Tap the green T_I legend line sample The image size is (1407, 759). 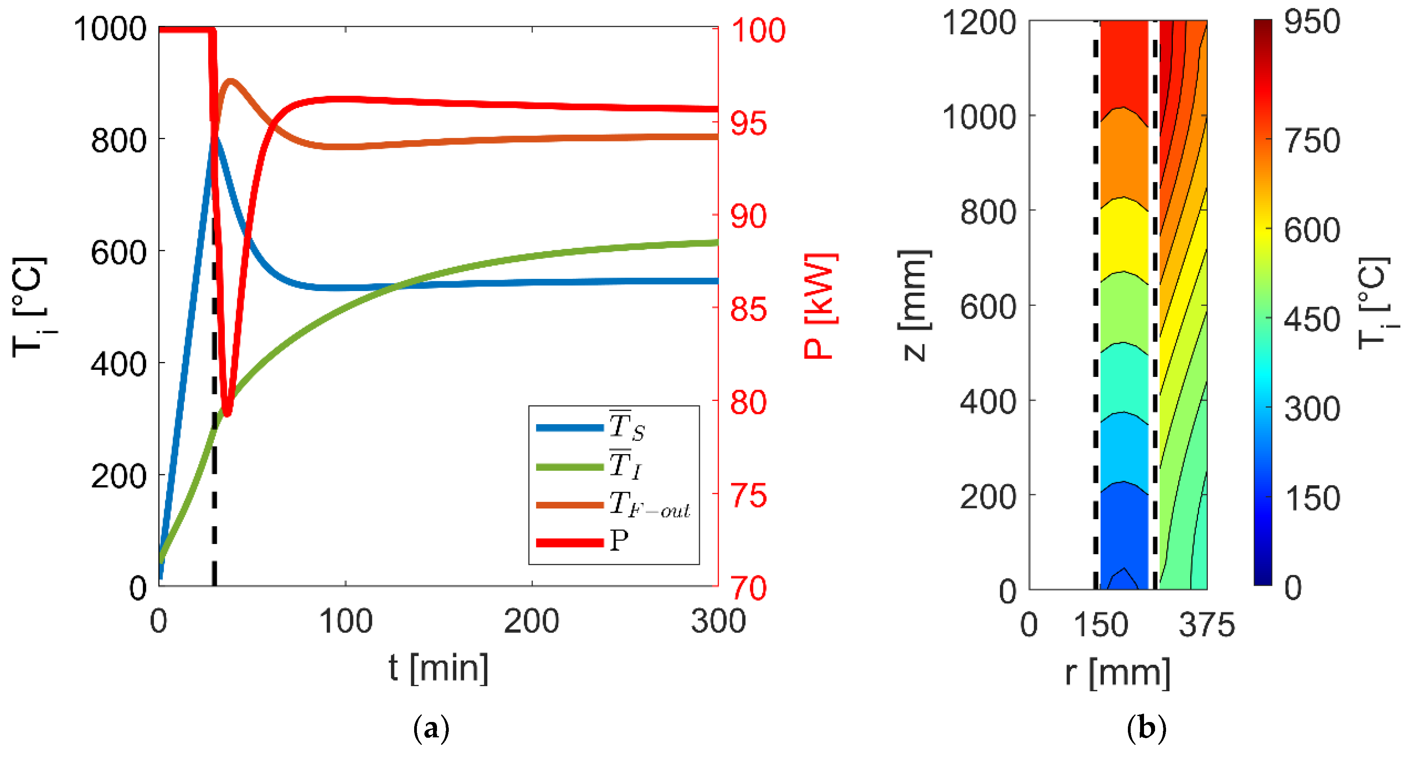[569, 467]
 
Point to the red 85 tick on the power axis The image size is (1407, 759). [749, 309]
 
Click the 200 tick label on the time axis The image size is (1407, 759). [531, 621]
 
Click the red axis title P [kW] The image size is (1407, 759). [819, 306]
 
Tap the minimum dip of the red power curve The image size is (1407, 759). [227, 412]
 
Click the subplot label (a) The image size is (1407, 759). [431, 728]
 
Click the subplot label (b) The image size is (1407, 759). [1146, 728]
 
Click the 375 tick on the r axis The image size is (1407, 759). [1207, 625]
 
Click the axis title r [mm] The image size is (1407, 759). [1118, 672]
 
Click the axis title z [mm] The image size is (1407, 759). [913, 306]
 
